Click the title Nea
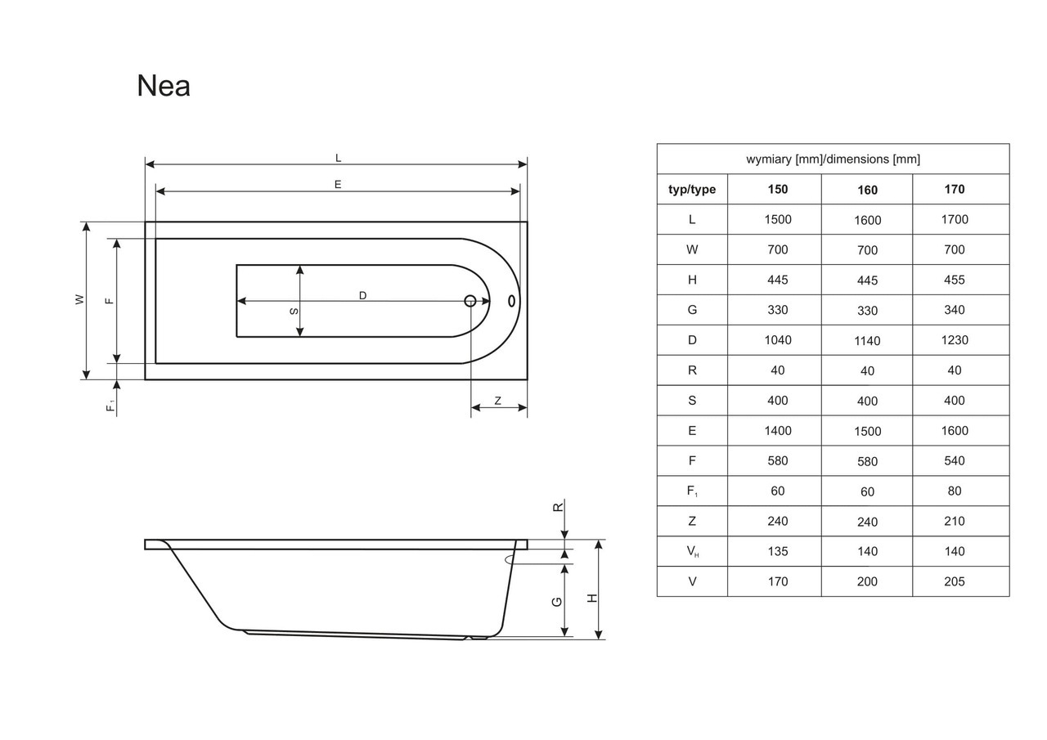coord(164,86)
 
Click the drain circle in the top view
coord(470,301)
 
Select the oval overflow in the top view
coord(512,300)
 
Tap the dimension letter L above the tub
coord(338,158)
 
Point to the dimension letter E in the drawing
coord(337,185)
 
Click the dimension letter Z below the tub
coord(497,401)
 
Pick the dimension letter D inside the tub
coord(362,295)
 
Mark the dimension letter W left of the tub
coord(80,300)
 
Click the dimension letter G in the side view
coord(557,601)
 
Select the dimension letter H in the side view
coord(593,598)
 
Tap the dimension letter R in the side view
coord(558,507)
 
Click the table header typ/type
coord(692,190)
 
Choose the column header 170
coord(955,190)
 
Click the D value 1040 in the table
coord(778,340)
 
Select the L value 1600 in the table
coord(867,220)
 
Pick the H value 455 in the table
coord(955,280)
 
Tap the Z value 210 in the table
coord(955,521)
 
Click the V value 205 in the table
coord(955,581)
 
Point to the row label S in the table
coord(692,401)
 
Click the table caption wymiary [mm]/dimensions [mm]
coord(833,159)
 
